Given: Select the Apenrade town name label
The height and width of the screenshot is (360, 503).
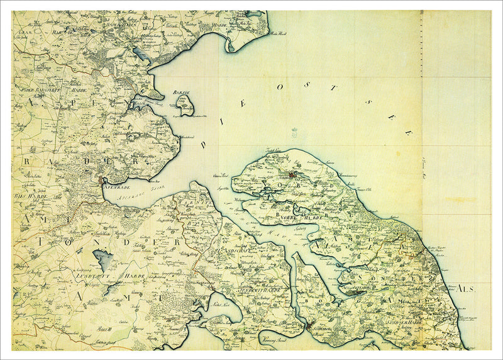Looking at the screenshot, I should [x=118, y=187].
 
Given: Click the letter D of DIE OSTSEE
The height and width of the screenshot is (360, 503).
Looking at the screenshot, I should [x=203, y=144].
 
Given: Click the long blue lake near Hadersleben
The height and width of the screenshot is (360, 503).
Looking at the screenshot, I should [x=140, y=54].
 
